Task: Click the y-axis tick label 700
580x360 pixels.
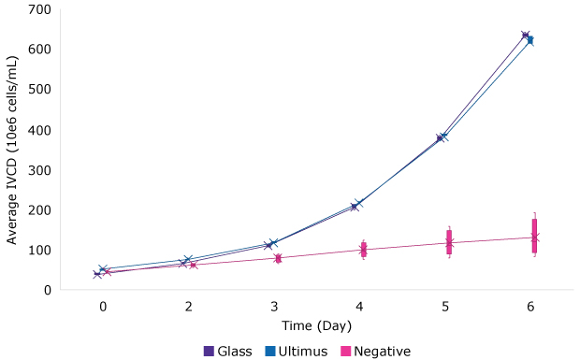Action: [x=38, y=9]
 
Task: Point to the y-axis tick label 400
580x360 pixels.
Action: [x=38, y=129]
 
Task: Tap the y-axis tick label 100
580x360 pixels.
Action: [x=38, y=250]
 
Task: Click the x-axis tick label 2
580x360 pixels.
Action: [x=189, y=307]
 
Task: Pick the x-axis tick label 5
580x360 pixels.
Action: [x=445, y=307]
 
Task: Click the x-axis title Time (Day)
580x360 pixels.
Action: [x=316, y=324]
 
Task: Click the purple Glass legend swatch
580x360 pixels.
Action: [x=209, y=352]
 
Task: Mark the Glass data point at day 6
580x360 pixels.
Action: [x=526, y=36]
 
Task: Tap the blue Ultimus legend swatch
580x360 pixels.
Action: [x=269, y=352]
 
